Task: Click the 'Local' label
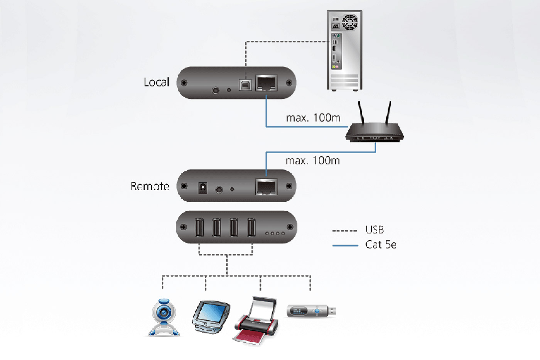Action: click(157, 82)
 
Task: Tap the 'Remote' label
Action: click(150, 186)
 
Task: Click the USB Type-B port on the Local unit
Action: click(245, 85)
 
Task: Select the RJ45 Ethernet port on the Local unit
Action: click(266, 83)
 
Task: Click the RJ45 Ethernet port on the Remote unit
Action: click(266, 187)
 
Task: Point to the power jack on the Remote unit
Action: click(202, 188)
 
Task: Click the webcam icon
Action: click(164, 317)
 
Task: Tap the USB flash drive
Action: click(311, 311)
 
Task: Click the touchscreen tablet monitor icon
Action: click(211, 317)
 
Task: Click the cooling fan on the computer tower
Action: click(350, 22)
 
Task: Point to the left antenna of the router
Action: click(361, 113)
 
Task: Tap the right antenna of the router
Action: click(388, 113)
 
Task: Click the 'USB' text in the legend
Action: click(375, 230)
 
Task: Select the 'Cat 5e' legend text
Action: click(381, 245)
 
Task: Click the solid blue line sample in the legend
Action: click(345, 245)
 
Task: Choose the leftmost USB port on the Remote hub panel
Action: click(199, 227)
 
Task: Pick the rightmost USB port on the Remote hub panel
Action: click(251, 227)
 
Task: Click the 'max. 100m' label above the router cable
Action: click(313, 118)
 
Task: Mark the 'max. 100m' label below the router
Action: click(313, 161)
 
